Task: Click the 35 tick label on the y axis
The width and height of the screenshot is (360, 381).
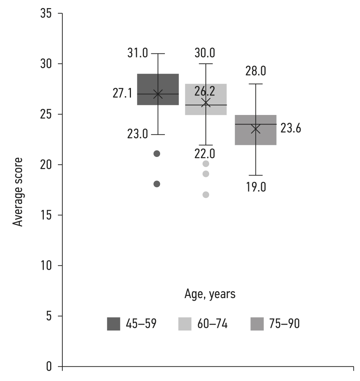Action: [x=47, y=14]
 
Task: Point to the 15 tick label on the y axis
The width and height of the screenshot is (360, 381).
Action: [x=47, y=215]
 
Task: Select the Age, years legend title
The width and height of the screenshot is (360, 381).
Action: [x=210, y=294]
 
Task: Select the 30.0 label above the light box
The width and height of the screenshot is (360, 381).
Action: [x=205, y=53]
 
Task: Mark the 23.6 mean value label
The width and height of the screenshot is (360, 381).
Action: [x=291, y=129]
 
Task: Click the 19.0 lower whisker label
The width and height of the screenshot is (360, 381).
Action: [x=256, y=187]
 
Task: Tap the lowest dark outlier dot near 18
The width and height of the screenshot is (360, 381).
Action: [x=157, y=184]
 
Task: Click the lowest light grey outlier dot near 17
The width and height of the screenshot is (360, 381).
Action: [x=206, y=195]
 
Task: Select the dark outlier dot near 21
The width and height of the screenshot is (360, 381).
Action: [x=157, y=154]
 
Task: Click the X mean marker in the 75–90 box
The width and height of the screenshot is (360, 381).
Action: [x=255, y=129]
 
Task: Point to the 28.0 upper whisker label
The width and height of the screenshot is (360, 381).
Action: [x=256, y=71]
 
